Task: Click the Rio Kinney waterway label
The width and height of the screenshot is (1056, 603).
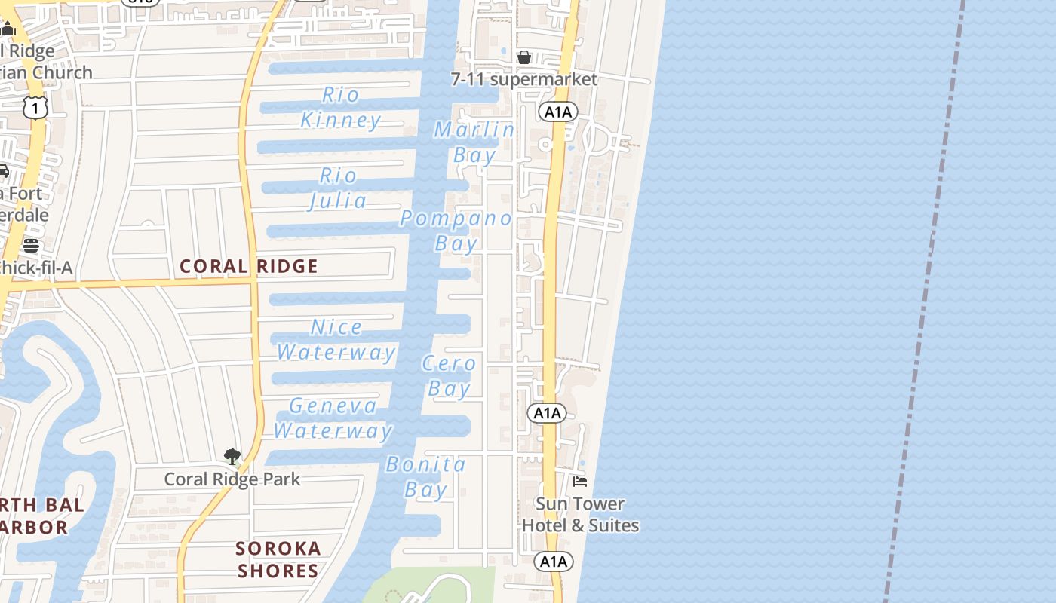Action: click(x=341, y=107)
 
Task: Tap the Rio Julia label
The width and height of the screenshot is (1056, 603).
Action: click(x=338, y=188)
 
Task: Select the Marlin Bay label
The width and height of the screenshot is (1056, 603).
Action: click(x=474, y=142)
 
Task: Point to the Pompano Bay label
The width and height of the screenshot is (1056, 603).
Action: click(x=456, y=231)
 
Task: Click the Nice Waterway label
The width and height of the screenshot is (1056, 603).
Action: click(x=336, y=339)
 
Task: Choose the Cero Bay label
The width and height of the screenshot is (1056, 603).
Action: click(x=450, y=375)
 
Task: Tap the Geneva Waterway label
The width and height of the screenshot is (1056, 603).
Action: click(x=333, y=418)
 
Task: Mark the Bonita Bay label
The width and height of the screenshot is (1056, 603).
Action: click(x=426, y=476)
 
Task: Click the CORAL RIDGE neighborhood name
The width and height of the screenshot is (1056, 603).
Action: click(x=249, y=266)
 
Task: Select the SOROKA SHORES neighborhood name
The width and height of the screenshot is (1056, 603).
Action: click(x=278, y=559)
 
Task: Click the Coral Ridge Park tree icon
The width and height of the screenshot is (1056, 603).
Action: click(x=232, y=457)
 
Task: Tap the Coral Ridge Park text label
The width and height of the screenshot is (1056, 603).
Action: click(x=232, y=479)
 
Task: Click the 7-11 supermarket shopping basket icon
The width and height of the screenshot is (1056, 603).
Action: click(x=524, y=57)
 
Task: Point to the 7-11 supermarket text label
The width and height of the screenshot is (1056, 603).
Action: click(x=524, y=79)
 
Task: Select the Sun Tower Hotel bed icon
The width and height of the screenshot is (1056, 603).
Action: click(x=580, y=481)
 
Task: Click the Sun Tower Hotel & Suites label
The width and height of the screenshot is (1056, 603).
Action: click(x=580, y=515)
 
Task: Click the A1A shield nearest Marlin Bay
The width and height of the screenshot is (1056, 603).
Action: click(x=557, y=112)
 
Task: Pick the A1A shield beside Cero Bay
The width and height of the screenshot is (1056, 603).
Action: click(x=546, y=413)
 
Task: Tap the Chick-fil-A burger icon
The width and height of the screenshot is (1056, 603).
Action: click(x=31, y=246)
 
